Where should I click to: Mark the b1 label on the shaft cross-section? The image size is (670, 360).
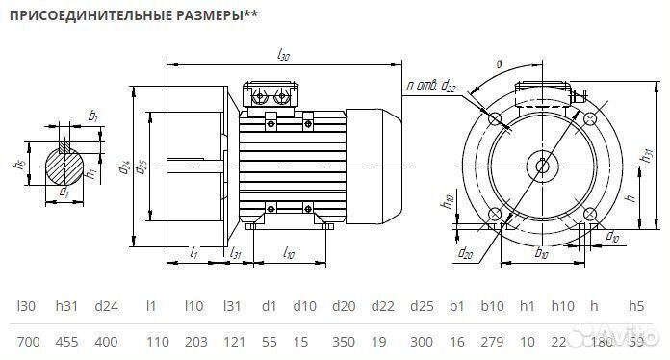pos(93,116)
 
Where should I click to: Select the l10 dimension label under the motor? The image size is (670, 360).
pos(289,253)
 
